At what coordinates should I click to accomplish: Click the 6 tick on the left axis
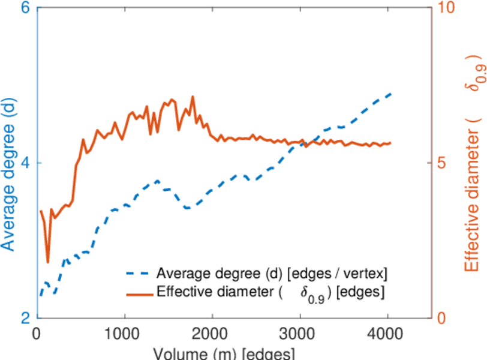26,9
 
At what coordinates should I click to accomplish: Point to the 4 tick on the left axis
26,163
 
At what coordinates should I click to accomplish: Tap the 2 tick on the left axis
26,318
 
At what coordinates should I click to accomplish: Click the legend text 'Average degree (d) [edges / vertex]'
272,274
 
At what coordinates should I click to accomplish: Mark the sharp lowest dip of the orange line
48,262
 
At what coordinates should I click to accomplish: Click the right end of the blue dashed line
391,94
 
